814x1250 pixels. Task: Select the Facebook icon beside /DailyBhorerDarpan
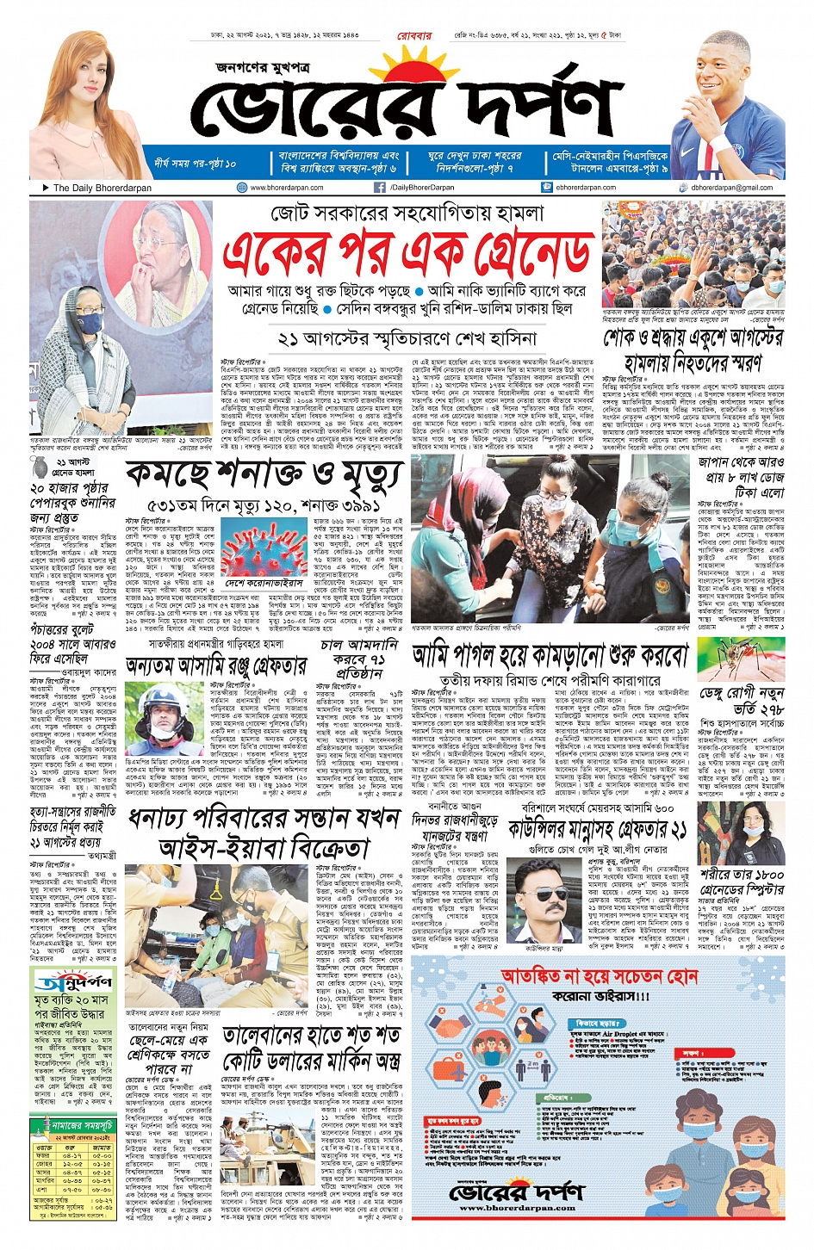380,188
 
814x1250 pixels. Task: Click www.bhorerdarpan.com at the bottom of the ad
518,1208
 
